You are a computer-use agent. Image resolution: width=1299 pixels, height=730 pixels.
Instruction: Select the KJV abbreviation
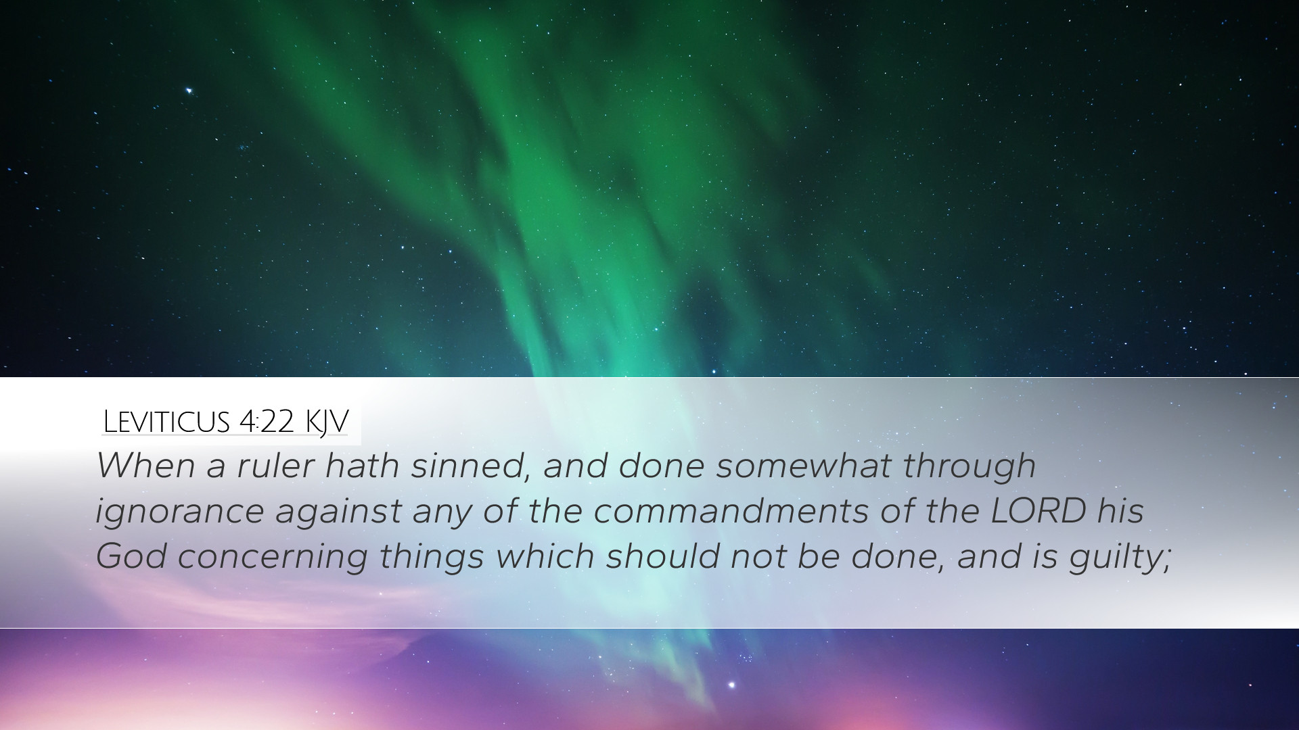(326, 422)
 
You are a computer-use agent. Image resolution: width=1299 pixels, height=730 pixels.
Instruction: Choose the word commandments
(731, 510)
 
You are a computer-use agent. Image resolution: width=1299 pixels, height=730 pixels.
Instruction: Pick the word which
(545, 556)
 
